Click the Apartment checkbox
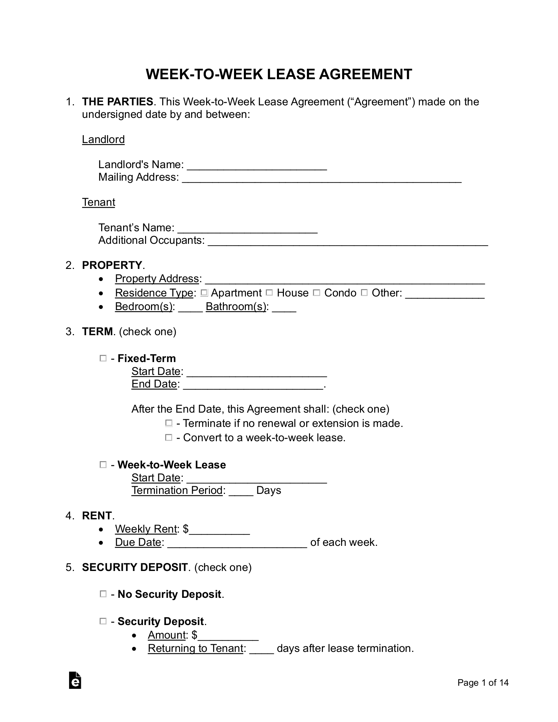point(204,293)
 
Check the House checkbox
point(269,293)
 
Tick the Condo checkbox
point(316,293)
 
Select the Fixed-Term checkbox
point(103,358)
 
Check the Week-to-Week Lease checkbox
point(103,465)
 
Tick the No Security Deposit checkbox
point(103,594)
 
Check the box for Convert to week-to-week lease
point(168,437)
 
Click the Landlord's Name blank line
point(257,165)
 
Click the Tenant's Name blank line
point(247,228)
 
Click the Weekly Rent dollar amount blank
point(219,530)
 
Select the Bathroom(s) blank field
point(284,307)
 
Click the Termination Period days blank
point(241,491)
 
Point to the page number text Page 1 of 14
point(483,683)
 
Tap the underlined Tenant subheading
point(98,202)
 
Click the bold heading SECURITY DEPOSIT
point(135,567)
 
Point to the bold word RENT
point(97,516)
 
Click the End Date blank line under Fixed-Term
point(253,385)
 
